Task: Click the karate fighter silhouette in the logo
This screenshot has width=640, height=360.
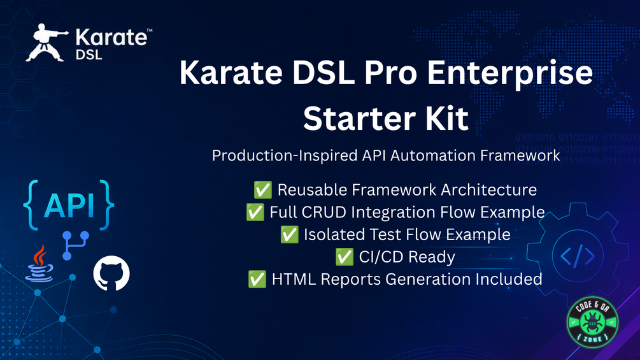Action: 45,43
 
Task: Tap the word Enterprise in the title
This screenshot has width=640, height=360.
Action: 510,73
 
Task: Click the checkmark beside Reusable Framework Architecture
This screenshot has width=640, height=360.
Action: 263,190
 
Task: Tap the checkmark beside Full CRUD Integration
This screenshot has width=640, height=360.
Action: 255,212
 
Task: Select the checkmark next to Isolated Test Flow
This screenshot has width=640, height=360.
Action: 289,234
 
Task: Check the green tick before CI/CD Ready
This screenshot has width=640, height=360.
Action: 345,257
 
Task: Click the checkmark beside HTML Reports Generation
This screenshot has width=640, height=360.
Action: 257,279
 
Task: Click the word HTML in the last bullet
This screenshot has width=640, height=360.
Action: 294,279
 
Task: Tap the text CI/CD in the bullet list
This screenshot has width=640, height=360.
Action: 381,257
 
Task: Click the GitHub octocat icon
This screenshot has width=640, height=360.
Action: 111,273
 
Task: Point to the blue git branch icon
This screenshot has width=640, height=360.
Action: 76,245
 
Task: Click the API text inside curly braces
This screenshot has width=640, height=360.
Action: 69,205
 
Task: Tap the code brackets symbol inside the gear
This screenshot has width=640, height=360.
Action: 578,256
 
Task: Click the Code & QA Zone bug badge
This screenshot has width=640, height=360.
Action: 592,322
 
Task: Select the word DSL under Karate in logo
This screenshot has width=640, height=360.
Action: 89,55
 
